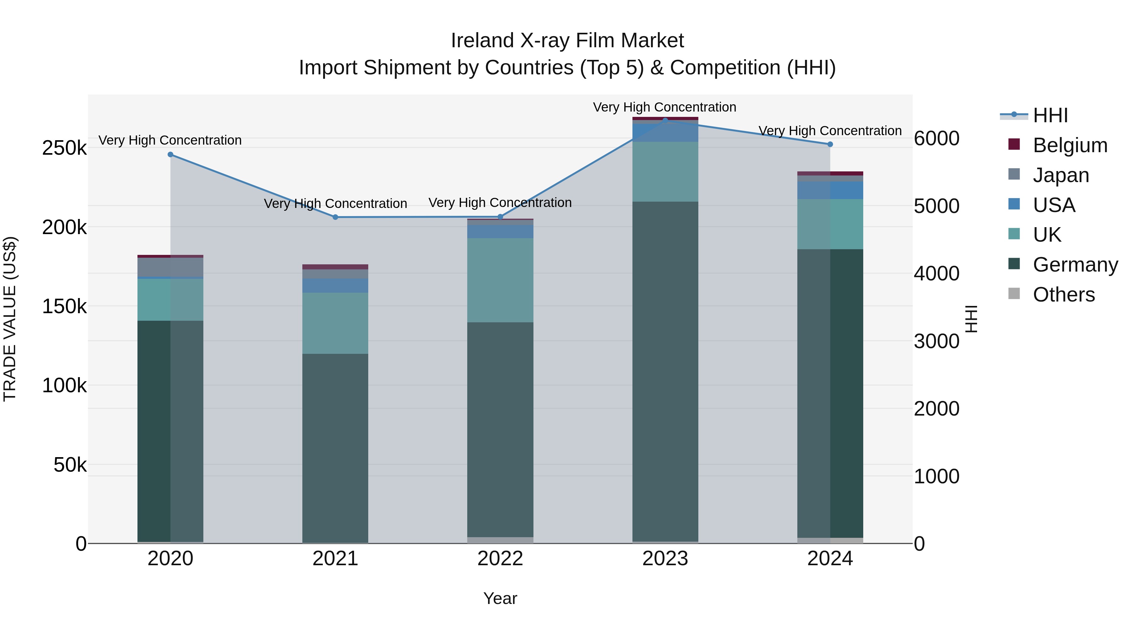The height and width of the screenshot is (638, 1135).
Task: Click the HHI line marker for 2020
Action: click(171, 155)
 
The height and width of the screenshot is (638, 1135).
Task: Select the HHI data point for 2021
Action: click(335, 217)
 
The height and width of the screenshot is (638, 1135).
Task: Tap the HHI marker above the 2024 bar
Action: click(830, 144)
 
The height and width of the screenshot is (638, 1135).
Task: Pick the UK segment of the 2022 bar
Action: click(500, 280)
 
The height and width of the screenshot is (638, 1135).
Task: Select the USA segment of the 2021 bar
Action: click(335, 286)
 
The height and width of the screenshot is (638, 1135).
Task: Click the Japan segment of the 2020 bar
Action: click(171, 267)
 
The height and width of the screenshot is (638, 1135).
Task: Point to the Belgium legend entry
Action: click(1070, 145)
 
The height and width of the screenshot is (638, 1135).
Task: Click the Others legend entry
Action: click(1064, 295)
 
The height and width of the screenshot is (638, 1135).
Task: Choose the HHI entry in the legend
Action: click(1051, 115)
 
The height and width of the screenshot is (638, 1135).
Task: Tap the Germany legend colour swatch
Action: click(1014, 264)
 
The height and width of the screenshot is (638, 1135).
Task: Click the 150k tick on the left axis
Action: click(64, 307)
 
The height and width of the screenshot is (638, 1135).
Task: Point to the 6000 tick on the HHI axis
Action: click(936, 138)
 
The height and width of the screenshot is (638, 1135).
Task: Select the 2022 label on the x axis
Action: click(500, 559)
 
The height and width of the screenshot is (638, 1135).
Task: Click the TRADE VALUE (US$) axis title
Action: click(10, 319)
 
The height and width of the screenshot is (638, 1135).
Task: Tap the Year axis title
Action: click(500, 598)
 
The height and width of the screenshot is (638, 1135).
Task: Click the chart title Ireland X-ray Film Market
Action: click(567, 41)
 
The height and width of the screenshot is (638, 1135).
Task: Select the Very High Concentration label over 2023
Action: click(664, 107)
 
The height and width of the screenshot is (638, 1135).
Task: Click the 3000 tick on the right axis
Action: click(936, 341)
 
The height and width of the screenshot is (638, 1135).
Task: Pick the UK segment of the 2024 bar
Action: click(830, 224)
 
